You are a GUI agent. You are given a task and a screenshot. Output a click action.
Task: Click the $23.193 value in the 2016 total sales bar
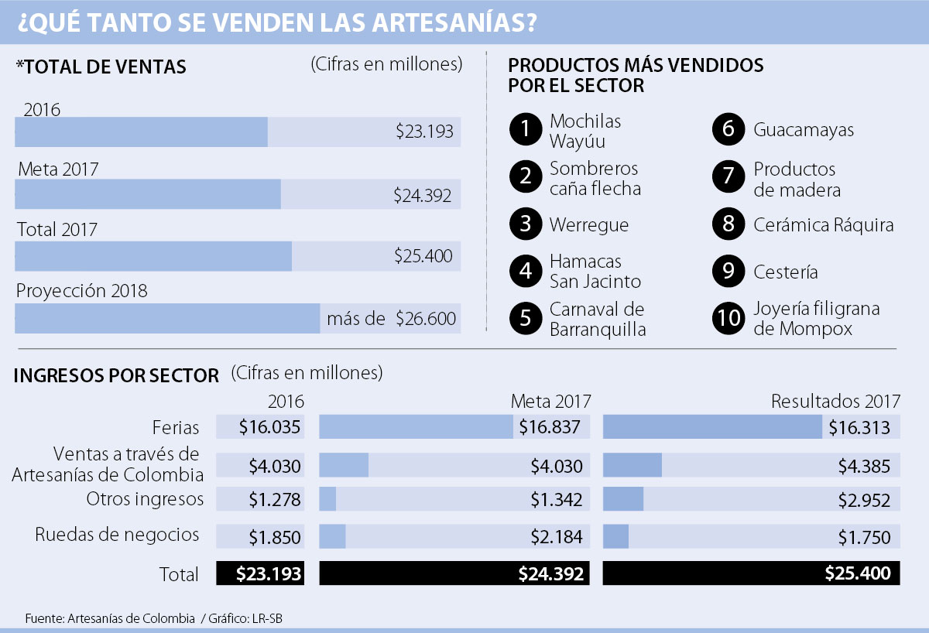424,132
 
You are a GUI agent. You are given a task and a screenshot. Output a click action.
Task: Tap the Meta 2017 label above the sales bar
58,169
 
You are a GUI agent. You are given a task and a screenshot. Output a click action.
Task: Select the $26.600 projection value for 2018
426,318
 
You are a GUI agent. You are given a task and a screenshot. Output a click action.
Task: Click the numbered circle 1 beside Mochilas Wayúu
526,130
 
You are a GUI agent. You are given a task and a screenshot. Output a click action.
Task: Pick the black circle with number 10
728,318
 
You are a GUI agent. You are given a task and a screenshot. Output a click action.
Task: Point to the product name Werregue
588,225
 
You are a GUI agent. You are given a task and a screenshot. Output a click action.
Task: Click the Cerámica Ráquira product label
823,225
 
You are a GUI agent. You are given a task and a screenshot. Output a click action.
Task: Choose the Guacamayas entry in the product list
803,130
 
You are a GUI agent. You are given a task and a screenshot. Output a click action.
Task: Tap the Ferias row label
176,427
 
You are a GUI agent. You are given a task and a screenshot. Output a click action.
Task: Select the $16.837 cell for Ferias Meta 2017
549,427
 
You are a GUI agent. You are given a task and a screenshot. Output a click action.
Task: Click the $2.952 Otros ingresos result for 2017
864,500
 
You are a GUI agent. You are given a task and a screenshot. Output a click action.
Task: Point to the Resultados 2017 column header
835,401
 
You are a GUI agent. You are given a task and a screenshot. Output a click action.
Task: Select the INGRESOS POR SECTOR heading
116,376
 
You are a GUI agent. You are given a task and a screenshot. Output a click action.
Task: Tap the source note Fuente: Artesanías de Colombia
110,618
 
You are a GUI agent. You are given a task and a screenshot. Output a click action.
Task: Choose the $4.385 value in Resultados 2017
864,466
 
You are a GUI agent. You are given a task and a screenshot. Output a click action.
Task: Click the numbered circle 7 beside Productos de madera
728,177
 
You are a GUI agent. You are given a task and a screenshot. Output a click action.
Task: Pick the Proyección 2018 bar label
81,292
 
